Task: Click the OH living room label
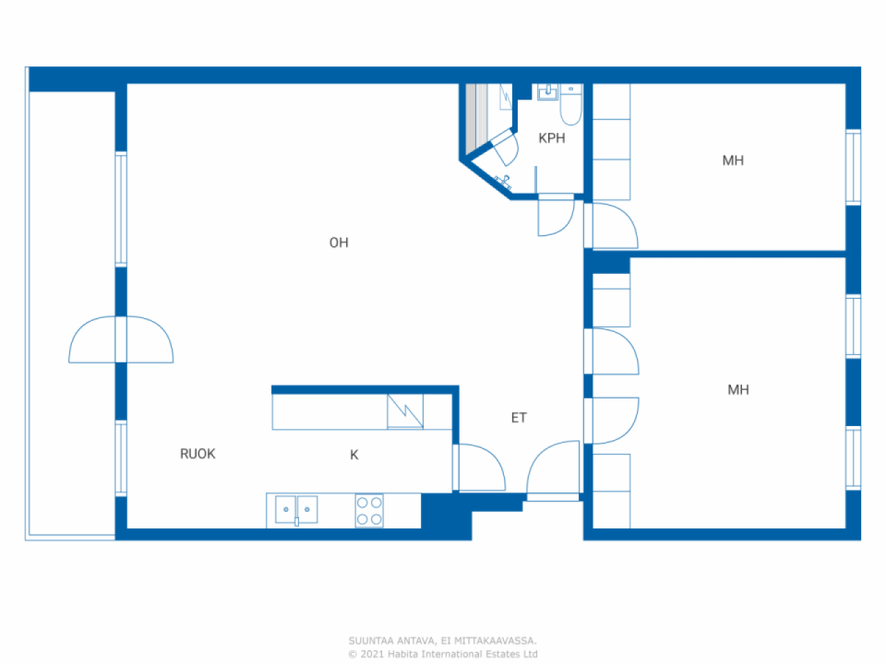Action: pyautogui.click(x=338, y=243)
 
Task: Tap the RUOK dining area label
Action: pyautogui.click(x=198, y=454)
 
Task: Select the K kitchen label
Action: pyautogui.click(x=354, y=455)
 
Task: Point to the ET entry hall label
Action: pyautogui.click(x=518, y=418)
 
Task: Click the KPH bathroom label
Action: pyautogui.click(x=552, y=138)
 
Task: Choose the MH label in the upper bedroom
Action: pyautogui.click(x=733, y=160)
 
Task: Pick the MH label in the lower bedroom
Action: pyautogui.click(x=738, y=390)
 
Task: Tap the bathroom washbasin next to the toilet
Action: pyautogui.click(x=548, y=92)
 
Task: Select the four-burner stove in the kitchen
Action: pyautogui.click(x=369, y=511)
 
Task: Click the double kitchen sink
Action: pyautogui.click(x=296, y=510)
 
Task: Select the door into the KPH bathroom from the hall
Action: pyautogui.click(x=555, y=215)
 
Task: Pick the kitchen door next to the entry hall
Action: pyautogui.click(x=479, y=468)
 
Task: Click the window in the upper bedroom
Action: pyautogui.click(x=853, y=167)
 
